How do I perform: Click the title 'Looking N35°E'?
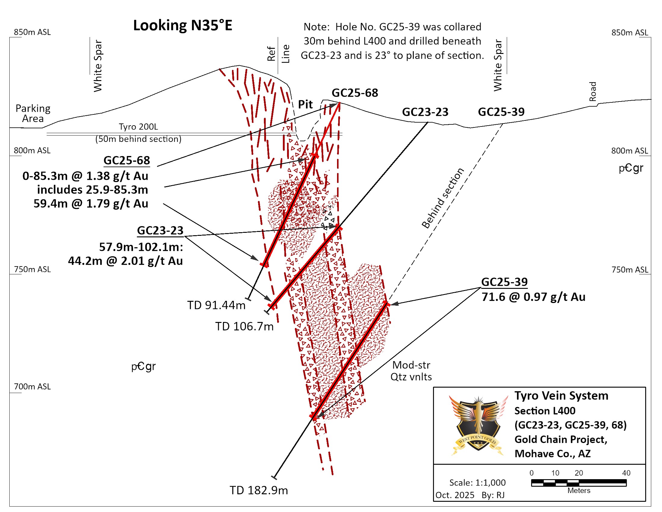click(x=182, y=25)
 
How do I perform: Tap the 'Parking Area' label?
click(x=33, y=114)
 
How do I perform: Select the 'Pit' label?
click(x=305, y=104)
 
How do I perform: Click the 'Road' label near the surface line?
click(x=592, y=91)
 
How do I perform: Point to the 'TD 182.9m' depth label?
click(x=258, y=490)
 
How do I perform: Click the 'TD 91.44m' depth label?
click(x=216, y=305)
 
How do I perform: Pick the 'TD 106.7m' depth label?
click(x=244, y=326)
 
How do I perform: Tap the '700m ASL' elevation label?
click(x=32, y=386)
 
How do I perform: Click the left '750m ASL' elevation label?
click(x=32, y=269)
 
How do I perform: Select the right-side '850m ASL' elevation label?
click(x=629, y=33)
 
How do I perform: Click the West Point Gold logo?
click(x=478, y=425)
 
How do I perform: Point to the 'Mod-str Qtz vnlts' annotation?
click(x=411, y=371)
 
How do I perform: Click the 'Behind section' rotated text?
click(x=443, y=198)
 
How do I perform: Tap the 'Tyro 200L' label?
click(x=138, y=126)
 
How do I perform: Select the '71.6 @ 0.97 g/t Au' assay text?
click(x=533, y=297)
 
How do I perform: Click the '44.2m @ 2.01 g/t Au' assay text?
click(x=125, y=261)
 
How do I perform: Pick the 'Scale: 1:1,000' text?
click(x=477, y=482)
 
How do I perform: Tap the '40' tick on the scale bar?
click(x=626, y=473)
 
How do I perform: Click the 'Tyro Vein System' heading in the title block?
click(x=561, y=395)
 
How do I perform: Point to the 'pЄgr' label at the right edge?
click(x=631, y=168)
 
